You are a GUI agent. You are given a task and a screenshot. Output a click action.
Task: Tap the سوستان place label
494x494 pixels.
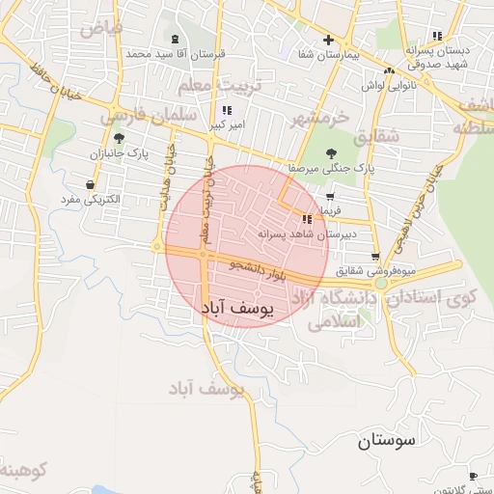386,442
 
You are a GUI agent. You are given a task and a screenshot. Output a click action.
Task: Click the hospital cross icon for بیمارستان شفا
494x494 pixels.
329,41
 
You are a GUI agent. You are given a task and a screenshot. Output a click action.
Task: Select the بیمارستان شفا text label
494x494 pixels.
329,55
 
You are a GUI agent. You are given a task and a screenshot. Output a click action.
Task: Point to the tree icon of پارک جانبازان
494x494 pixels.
120,139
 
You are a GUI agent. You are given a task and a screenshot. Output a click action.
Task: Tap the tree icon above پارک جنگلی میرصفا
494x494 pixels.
332,153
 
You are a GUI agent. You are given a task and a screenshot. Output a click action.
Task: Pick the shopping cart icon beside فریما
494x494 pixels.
329,197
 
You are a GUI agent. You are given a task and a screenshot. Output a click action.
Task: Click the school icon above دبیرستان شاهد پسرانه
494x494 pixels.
307,219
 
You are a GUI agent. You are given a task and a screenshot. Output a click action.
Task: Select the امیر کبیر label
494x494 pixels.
227,125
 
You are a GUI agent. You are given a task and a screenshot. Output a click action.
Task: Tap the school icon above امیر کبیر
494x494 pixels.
227,111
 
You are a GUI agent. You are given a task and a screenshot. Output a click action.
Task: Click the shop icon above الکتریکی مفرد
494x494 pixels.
90,184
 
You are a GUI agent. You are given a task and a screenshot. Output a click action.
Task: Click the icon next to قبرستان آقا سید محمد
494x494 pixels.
175,41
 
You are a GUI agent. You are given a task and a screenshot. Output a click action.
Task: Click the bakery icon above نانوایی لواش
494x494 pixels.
390,71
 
